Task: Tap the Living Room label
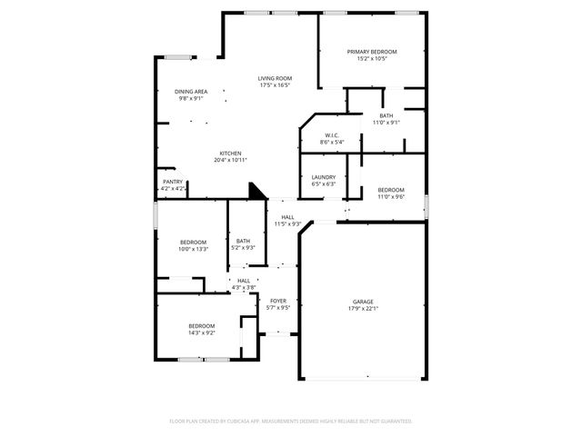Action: click(x=274, y=79)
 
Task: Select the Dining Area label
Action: click(x=190, y=92)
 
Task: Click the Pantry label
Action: click(x=173, y=182)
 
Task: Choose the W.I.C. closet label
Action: click(x=331, y=135)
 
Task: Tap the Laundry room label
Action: click(x=323, y=177)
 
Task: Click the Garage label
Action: click(x=363, y=302)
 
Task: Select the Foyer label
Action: click(x=277, y=301)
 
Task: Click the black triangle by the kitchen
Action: click(x=257, y=191)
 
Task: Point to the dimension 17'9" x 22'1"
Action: click(x=363, y=309)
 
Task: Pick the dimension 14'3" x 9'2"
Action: click(x=201, y=333)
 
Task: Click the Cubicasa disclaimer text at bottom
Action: click(x=291, y=421)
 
